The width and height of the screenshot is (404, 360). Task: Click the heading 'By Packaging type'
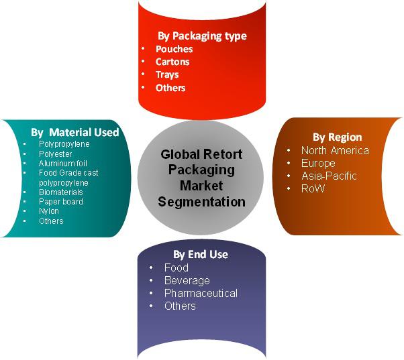[x=202, y=36]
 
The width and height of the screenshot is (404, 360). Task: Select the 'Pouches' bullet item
[x=174, y=49]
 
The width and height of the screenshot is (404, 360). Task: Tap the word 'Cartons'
[x=172, y=62]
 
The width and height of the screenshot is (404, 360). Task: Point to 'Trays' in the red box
[x=167, y=75]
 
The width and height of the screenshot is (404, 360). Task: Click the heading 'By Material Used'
[x=75, y=132]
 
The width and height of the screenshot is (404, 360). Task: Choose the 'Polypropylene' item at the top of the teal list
[x=64, y=144]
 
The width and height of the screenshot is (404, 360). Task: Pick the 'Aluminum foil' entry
[x=63, y=163]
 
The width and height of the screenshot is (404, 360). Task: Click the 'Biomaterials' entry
[x=61, y=192]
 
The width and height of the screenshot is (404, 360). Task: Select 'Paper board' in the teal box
[x=61, y=202]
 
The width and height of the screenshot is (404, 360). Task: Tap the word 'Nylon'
[x=49, y=211]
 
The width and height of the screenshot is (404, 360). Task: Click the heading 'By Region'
[x=338, y=137]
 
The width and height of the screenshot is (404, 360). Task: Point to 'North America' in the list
[x=335, y=151]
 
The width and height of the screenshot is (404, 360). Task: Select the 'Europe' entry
[x=318, y=164]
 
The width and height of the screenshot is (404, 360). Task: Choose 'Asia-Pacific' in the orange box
[x=329, y=176]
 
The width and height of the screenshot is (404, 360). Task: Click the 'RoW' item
[x=313, y=188]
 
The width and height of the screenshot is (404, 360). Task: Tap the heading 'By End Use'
[x=201, y=255]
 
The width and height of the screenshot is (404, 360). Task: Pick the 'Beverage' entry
[x=187, y=280]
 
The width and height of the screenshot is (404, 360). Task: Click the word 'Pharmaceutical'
[x=201, y=293]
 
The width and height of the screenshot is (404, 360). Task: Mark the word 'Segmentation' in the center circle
[x=202, y=202]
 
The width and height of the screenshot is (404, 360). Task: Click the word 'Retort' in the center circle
[x=223, y=154]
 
